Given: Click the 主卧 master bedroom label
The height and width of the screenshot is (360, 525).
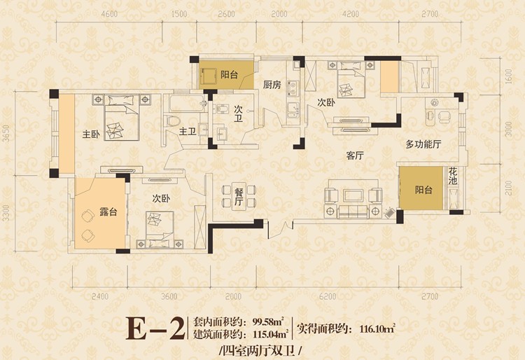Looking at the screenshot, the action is [91, 135].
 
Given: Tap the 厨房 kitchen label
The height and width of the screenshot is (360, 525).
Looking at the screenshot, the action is [272, 85].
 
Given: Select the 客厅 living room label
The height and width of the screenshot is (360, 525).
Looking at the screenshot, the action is [355, 155].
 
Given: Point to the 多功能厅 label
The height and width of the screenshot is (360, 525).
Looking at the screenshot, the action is [423, 144].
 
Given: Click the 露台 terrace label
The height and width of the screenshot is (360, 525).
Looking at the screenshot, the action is [108, 212].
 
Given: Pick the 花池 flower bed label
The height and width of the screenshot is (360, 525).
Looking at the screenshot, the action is [453, 176].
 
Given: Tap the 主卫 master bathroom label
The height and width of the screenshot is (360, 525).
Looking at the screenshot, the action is [188, 131].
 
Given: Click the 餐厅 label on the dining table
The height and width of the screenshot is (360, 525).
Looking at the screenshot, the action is [239, 197].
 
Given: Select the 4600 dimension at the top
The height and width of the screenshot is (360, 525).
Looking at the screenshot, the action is [109, 14].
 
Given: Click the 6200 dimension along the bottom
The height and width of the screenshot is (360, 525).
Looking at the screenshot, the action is [328, 296].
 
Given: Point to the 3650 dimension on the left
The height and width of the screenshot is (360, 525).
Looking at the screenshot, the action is [6, 134].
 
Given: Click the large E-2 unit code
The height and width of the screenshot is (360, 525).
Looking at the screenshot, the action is [155, 328].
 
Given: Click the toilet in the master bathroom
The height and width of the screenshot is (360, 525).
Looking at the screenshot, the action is [171, 121].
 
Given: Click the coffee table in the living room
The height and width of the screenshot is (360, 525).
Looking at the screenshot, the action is [353, 196].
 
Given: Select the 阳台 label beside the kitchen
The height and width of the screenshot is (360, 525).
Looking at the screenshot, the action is [229, 75].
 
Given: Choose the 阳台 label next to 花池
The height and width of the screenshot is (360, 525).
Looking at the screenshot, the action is [423, 190].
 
